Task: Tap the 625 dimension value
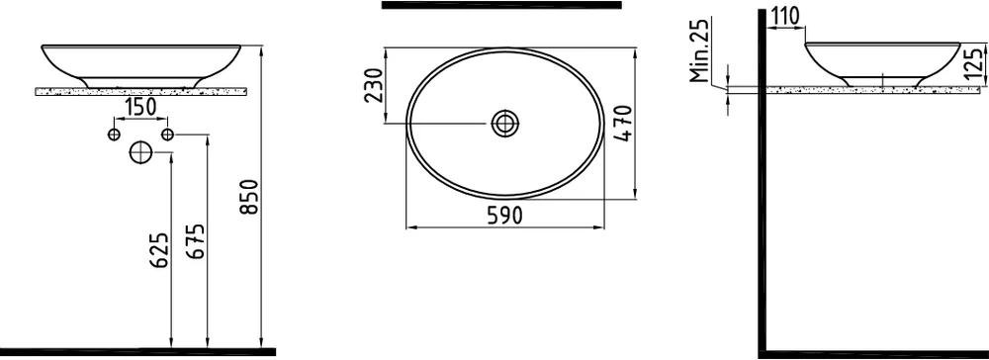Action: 161,249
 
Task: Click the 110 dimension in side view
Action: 785,17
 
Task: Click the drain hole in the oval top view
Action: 505,123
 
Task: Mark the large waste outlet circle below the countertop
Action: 140,152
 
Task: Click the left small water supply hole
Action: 113,134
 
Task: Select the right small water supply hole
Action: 167,134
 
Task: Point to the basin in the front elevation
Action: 140,59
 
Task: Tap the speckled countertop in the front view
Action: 140,90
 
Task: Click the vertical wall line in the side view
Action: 763,198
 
